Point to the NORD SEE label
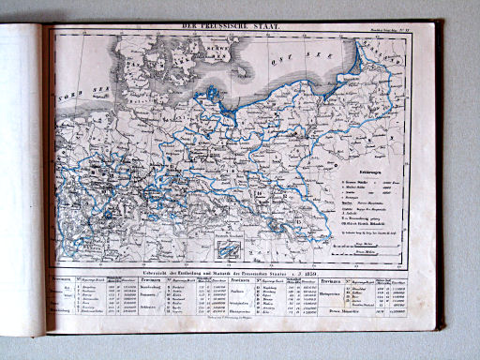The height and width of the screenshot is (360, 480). tap(73, 96)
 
